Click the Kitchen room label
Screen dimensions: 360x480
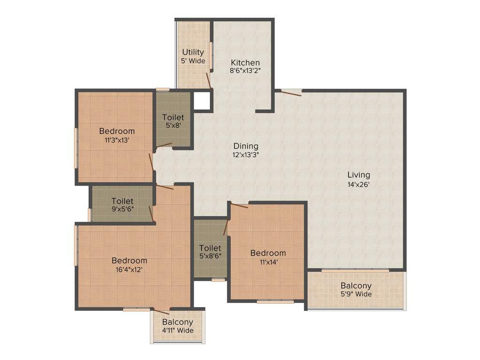point(245,62)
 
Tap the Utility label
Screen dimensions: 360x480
point(193,52)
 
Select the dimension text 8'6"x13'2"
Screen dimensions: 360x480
point(245,71)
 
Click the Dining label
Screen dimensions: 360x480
point(246,146)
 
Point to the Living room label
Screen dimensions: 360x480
point(359,175)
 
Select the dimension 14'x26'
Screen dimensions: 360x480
point(359,184)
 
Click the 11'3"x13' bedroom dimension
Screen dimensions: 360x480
point(117,140)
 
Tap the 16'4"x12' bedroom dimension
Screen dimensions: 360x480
point(129,270)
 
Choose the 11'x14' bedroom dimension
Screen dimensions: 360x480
point(268,262)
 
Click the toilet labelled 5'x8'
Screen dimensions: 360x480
point(173,121)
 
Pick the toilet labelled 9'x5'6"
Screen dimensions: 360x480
point(122,205)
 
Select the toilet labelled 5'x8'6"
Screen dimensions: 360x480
point(210,252)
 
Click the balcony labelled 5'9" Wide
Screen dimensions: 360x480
point(356,290)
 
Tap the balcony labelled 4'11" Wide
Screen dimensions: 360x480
point(178,326)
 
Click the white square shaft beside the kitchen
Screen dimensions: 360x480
point(202,99)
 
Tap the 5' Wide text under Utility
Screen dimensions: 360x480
point(193,60)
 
